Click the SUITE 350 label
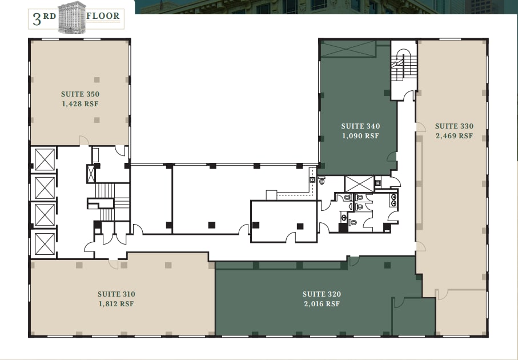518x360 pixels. pos(80,94)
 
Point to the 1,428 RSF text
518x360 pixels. pos(80,104)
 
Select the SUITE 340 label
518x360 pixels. pos(360,126)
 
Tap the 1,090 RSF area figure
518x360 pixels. pos(360,136)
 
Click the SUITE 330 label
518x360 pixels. pos(454,126)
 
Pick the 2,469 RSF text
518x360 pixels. pos(454,136)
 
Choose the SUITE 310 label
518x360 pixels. pos(116,294)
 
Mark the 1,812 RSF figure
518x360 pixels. pos(116,304)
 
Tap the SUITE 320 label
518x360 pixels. pos(322,294)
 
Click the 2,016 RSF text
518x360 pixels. pos(322,304)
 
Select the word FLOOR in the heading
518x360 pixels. pos(103,16)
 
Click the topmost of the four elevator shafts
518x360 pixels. pos(45,159)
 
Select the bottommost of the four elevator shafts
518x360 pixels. pos(45,243)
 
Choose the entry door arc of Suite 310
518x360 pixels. pos(114,263)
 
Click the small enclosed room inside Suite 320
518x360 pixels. pos(413,317)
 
